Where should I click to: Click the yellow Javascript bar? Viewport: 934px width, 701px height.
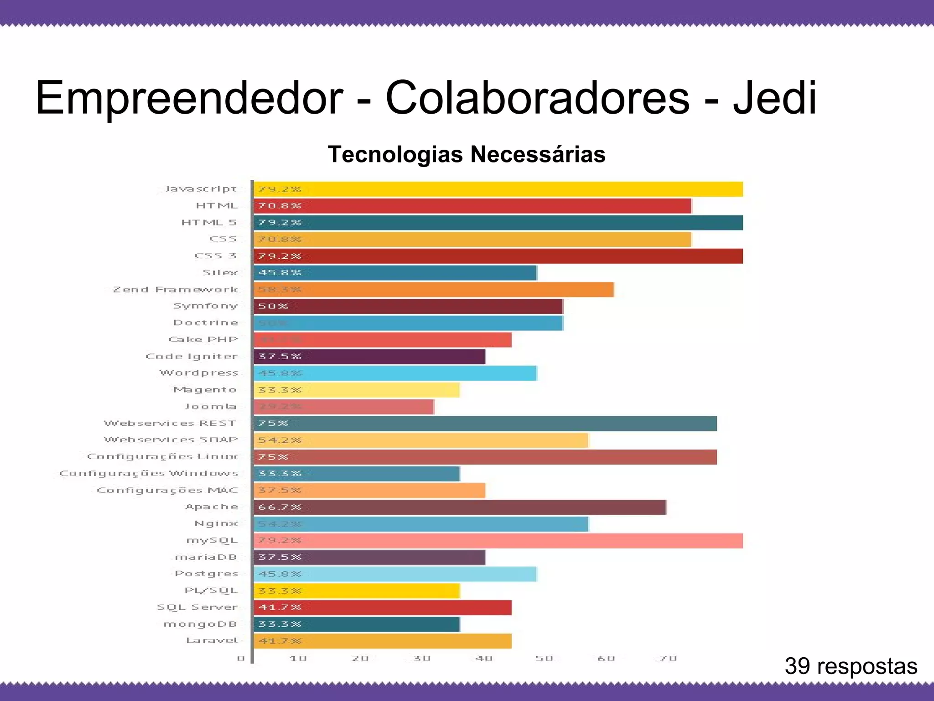pyautogui.click(x=498, y=189)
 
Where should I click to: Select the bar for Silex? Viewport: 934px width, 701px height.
pyautogui.click(x=395, y=273)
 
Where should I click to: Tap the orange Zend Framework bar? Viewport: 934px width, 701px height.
pyautogui.click(x=433, y=290)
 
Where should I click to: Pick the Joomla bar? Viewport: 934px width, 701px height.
pyautogui.click(x=343, y=407)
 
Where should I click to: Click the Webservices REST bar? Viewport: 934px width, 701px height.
pyautogui.click(x=485, y=424)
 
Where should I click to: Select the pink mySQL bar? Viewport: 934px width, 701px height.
pyautogui.click(x=498, y=541)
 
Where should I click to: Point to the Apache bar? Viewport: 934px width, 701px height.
pyautogui.click(x=460, y=507)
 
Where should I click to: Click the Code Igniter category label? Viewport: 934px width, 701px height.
pyautogui.click(x=192, y=356)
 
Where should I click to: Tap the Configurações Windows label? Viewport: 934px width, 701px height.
pyautogui.click(x=149, y=473)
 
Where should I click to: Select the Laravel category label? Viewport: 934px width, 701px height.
pyautogui.click(x=212, y=641)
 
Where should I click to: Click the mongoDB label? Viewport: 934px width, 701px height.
pyautogui.click(x=200, y=624)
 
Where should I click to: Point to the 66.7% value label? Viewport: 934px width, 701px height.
pyautogui.click(x=280, y=507)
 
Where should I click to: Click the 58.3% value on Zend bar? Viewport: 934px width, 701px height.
pyautogui.click(x=280, y=290)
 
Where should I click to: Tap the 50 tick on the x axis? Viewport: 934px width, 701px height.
pyautogui.click(x=544, y=659)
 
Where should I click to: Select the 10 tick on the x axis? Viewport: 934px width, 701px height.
pyautogui.click(x=298, y=659)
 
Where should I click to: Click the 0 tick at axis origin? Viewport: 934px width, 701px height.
pyautogui.click(x=241, y=659)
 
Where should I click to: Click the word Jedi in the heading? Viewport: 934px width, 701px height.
pyautogui.click(x=774, y=98)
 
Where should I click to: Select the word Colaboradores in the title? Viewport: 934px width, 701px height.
pyautogui.click(x=537, y=98)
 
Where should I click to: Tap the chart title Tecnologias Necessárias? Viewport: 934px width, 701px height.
pyautogui.click(x=467, y=154)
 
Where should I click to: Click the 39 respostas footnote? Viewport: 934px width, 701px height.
pyautogui.click(x=851, y=666)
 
